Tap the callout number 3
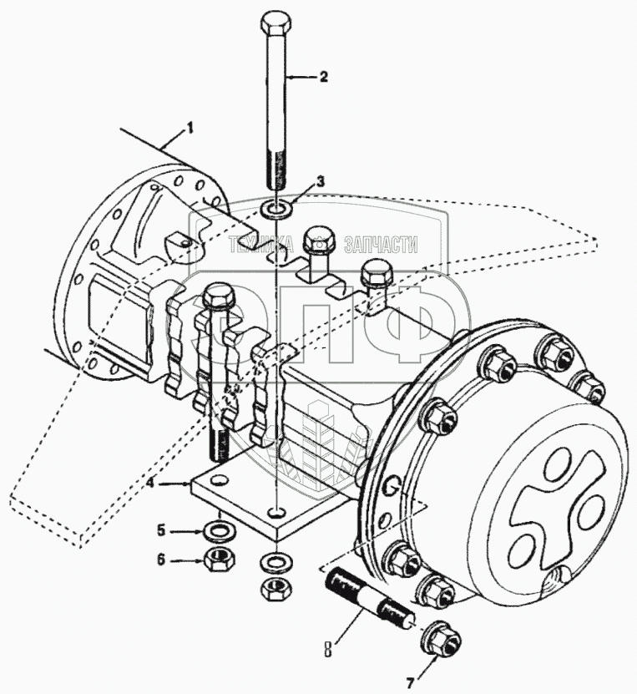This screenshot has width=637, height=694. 321,181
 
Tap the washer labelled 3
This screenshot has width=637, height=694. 276,205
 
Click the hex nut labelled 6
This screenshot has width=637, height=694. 220,560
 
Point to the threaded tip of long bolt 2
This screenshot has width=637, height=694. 276,171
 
